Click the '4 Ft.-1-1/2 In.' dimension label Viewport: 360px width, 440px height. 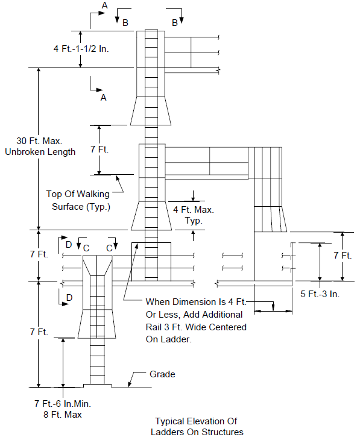(x=81, y=49)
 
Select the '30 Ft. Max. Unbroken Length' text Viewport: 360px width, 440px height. (x=40, y=146)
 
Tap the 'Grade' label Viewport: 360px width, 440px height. (x=162, y=374)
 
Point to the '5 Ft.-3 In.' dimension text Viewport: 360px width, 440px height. (x=320, y=294)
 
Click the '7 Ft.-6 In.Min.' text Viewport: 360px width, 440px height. (x=63, y=403)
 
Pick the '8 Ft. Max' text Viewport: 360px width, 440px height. (x=63, y=415)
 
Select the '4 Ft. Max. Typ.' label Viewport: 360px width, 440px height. (x=194, y=215)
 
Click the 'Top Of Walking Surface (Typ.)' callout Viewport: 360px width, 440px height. (x=78, y=200)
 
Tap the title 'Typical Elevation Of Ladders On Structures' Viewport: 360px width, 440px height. (x=197, y=426)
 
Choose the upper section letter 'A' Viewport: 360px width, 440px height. (x=104, y=5)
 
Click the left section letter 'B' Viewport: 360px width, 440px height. (x=125, y=23)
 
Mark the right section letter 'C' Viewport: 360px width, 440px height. (x=109, y=248)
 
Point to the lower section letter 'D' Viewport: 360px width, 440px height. (x=69, y=297)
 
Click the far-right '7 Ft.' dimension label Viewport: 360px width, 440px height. (x=343, y=256)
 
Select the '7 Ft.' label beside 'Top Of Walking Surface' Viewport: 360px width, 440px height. (x=99, y=149)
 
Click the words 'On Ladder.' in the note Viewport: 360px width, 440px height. (x=168, y=339)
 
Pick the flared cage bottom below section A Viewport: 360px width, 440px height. (x=151, y=111)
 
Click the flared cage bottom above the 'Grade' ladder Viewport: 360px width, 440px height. (x=97, y=324)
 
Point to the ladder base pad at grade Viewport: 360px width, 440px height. (x=97, y=386)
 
